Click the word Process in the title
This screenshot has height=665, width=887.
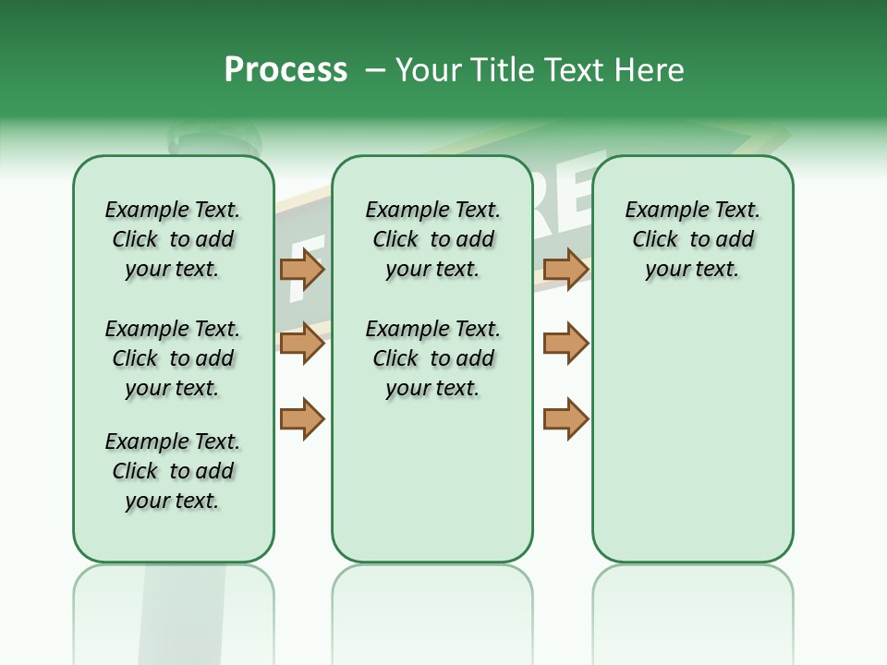(286, 69)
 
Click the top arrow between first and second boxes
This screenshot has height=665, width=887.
(302, 269)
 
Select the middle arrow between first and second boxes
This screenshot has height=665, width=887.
(302, 344)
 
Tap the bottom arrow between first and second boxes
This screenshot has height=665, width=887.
(302, 418)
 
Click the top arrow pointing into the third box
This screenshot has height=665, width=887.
(565, 269)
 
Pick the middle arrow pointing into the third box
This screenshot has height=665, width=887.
(565, 344)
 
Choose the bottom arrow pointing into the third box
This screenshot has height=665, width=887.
(565, 418)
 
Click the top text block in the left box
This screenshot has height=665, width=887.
(173, 239)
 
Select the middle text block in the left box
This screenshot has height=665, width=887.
(173, 358)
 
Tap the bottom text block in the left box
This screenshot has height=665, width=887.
(173, 471)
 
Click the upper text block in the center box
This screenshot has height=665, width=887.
(432, 239)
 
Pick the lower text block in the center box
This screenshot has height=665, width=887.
(432, 358)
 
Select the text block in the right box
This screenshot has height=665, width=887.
(692, 239)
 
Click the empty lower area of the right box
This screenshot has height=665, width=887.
(692, 434)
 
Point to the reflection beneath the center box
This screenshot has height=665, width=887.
(432, 610)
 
